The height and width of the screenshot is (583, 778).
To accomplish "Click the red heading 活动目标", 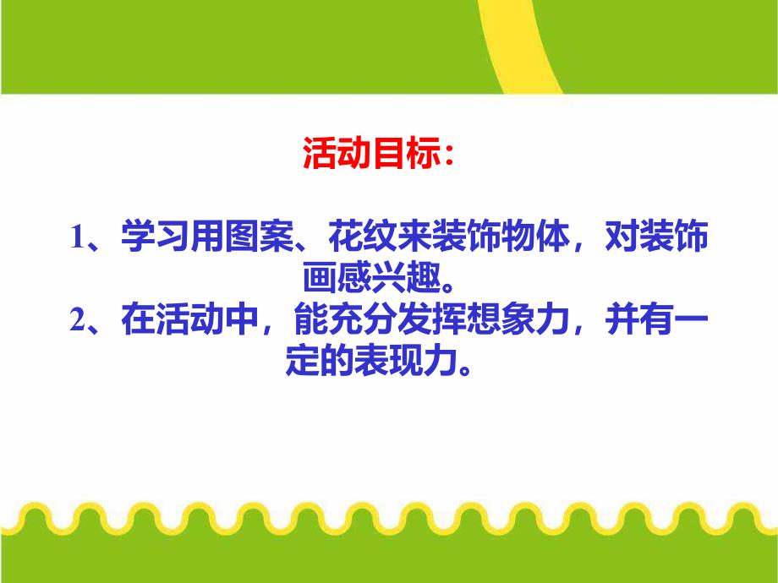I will pyautogui.click(x=370, y=155).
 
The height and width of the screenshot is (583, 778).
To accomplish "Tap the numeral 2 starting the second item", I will pyautogui.click(x=77, y=322).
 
